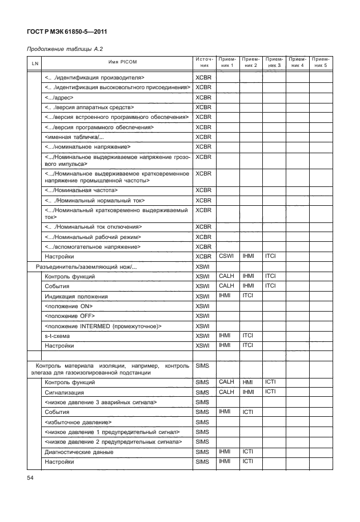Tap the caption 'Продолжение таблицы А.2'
[65, 50]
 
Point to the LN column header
[35, 62]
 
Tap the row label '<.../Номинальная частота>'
[80, 190]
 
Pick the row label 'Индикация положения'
[76, 296]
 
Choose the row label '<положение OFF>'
[69, 316]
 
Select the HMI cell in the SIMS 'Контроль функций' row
[247, 381]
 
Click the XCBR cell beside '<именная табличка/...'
[203, 137]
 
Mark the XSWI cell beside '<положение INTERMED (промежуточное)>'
[203, 326]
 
